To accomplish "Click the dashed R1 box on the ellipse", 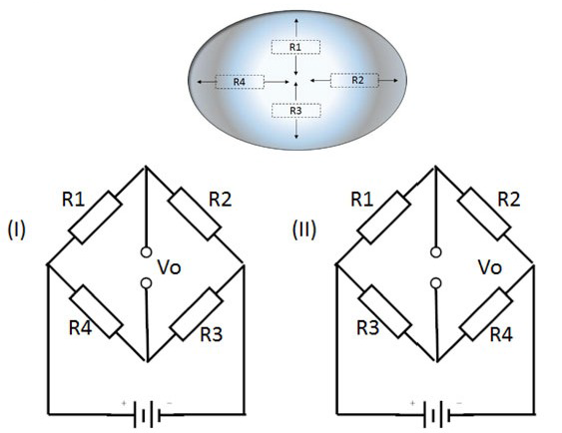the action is [x=295, y=47].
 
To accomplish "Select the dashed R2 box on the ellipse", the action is [x=354, y=80].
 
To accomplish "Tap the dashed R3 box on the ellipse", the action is [x=295, y=111].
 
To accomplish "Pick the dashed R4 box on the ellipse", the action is [x=240, y=82].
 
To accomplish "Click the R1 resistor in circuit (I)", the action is [x=95, y=217].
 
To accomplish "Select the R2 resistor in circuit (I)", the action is [x=195, y=214].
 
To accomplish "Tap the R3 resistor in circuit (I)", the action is [x=196, y=313].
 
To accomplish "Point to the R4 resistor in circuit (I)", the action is [x=96, y=311].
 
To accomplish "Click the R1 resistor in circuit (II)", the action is [x=384, y=217].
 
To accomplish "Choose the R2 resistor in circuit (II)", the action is [x=484, y=214].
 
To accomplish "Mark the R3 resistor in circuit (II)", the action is [x=384, y=311].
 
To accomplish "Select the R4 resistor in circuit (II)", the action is [x=486, y=313].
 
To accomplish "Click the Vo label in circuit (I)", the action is [x=169, y=267].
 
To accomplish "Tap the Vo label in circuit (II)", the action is [x=490, y=267].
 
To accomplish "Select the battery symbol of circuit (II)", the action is [x=436, y=414].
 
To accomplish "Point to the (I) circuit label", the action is [x=17, y=229].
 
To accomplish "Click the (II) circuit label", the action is [x=304, y=229].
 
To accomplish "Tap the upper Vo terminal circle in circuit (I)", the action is [x=146, y=252].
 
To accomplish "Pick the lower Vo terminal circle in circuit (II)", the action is [x=436, y=283].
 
